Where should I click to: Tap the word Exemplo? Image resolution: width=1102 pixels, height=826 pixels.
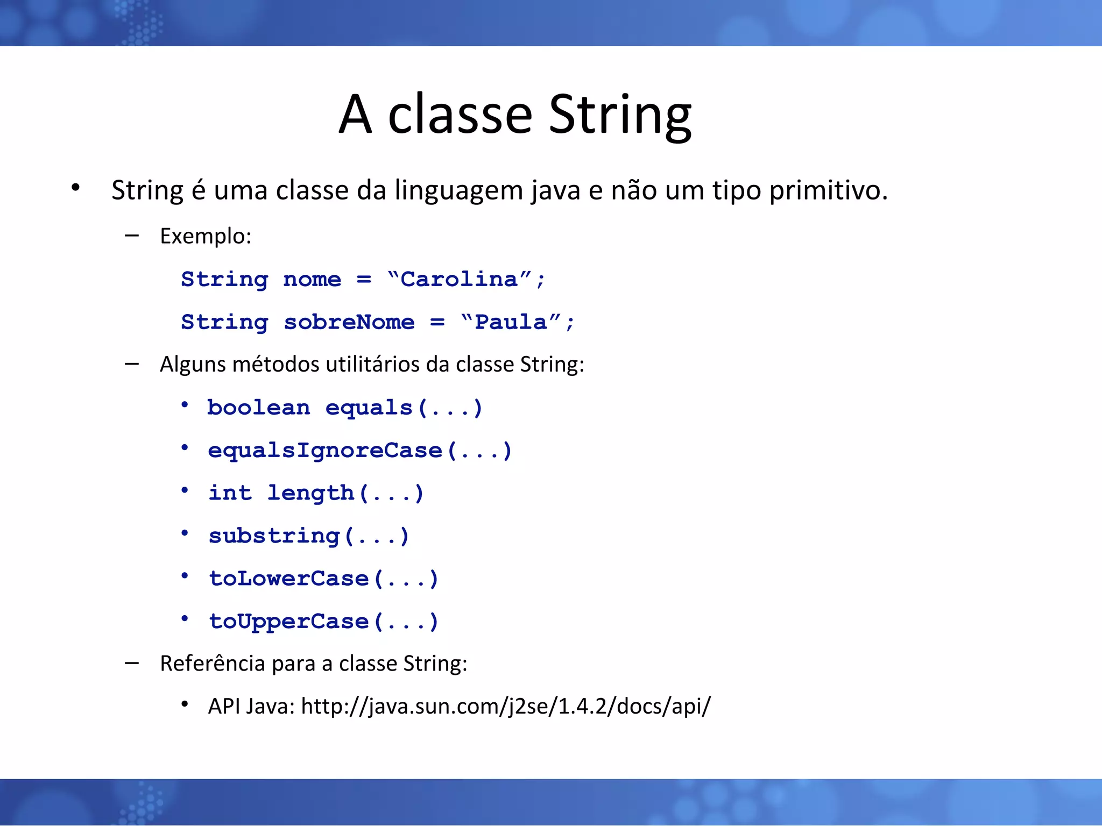point(205,237)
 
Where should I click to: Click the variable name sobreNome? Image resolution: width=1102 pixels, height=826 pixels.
point(349,322)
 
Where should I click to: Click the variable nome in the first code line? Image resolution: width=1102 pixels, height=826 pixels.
point(312,279)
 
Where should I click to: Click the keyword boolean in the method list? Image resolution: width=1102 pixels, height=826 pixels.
point(259,408)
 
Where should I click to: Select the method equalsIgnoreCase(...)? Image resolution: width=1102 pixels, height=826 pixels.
point(359,451)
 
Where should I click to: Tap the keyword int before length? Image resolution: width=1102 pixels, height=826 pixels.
point(230,493)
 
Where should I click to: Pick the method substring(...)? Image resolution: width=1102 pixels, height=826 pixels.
point(309,536)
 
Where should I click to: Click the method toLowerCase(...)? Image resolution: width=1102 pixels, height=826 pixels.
point(323,579)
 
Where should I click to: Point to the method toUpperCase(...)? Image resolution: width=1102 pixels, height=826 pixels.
point(323,622)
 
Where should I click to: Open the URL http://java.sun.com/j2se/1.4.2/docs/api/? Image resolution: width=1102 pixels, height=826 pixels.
point(506,706)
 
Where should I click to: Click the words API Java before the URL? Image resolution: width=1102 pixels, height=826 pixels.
point(251,706)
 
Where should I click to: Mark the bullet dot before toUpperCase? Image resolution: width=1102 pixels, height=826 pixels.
point(185,619)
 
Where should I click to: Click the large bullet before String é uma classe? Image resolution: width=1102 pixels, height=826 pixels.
point(75,188)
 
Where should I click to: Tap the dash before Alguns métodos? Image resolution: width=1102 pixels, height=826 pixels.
point(132,365)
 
